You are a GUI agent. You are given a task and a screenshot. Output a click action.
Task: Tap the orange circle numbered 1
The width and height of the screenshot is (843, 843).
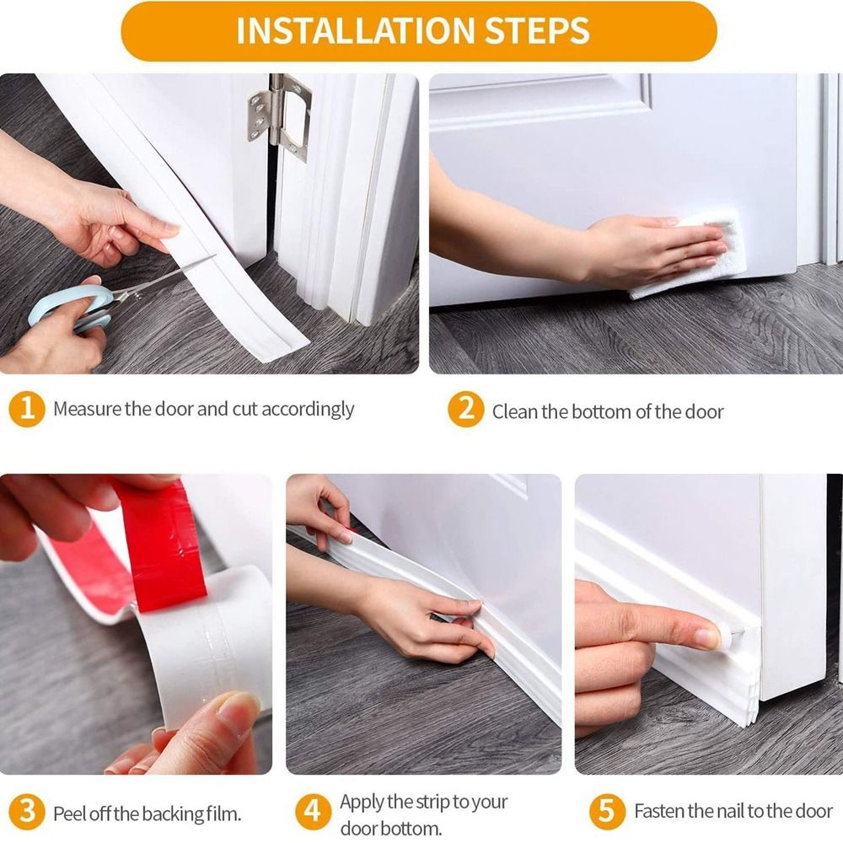click(x=27, y=410)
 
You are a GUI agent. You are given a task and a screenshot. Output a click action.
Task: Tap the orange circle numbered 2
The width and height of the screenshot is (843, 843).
click(x=464, y=411)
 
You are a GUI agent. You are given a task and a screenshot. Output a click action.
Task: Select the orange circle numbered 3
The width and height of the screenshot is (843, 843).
click(x=27, y=813)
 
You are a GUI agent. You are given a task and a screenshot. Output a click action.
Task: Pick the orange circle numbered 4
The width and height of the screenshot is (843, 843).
click(x=313, y=813)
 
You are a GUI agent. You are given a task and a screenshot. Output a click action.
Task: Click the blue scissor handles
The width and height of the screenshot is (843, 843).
click(x=72, y=306)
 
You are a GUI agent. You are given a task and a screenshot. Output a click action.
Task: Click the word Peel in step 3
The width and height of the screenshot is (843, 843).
click(x=67, y=814)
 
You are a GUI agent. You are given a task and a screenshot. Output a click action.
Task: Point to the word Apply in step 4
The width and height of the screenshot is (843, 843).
click(x=362, y=802)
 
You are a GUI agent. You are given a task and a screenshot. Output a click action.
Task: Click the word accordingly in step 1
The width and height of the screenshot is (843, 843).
click(x=307, y=410)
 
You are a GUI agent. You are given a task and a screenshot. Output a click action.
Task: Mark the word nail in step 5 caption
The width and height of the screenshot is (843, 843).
click(x=730, y=812)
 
